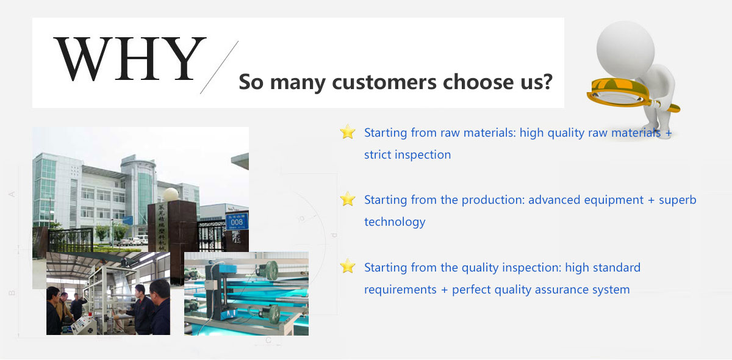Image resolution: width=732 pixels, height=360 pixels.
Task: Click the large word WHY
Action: click(130, 59)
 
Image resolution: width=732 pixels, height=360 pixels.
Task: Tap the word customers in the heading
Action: click(384, 82)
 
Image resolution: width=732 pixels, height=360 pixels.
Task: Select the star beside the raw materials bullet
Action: click(347, 131)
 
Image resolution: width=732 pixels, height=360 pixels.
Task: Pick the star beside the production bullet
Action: click(347, 198)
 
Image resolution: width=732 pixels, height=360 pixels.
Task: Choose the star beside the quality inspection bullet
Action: click(347, 266)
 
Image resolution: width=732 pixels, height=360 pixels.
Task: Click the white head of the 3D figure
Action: click(625, 49)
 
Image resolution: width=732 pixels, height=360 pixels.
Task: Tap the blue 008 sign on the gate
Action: click(237, 221)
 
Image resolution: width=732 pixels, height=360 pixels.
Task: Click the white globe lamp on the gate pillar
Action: click(171, 195)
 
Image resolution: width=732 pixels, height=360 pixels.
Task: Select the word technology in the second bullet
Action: click(395, 222)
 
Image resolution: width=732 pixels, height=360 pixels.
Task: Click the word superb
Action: click(678, 200)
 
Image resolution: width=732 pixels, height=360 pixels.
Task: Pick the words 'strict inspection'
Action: click(407, 154)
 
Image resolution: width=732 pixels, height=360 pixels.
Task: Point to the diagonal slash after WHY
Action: click(219, 67)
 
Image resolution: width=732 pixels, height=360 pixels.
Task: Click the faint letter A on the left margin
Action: click(12, 194)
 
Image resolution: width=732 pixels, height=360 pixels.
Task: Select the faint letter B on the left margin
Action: click(12, 293)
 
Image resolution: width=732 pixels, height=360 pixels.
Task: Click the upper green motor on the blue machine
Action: click(267, 271)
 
